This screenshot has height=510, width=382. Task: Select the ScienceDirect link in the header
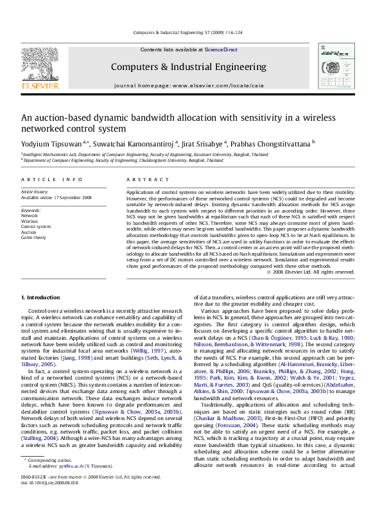[221, 50]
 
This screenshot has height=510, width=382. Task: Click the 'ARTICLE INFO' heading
[52, 180]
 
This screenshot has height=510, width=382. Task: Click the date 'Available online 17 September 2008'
[56, 198]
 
